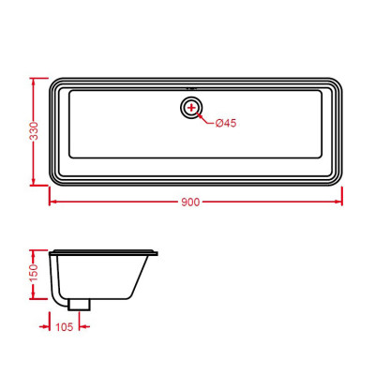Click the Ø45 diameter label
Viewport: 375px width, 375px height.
229,124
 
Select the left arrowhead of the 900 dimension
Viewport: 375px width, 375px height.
52,201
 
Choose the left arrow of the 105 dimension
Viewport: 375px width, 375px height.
48,326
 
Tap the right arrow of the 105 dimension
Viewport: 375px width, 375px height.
82,326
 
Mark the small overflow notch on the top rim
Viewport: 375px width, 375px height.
192,77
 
